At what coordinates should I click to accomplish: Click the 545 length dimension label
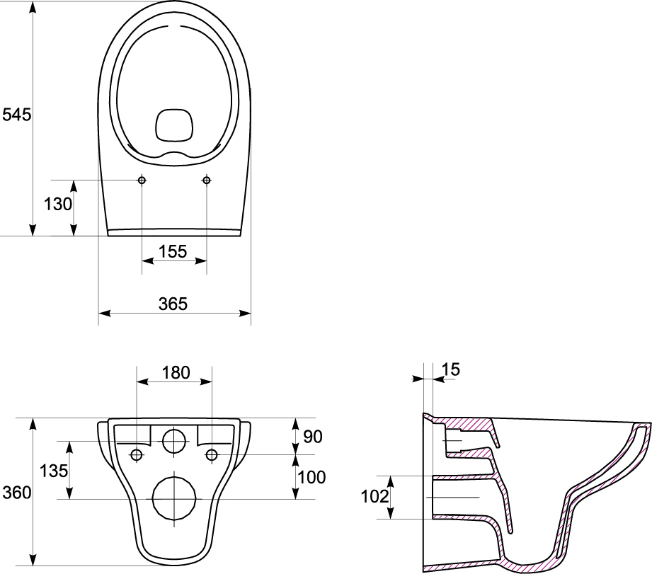(16, 115)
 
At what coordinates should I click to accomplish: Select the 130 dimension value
(58, 204)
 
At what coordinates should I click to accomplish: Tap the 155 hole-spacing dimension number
(173, 251)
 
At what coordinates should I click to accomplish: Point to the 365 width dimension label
(173, 304)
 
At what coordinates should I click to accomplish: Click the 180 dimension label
(176, 372)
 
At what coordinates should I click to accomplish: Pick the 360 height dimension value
(16, 493)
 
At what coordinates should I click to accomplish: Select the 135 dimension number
(54, 471)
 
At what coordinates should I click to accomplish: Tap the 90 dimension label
(313, 437)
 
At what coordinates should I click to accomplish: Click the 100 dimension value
(312, 477)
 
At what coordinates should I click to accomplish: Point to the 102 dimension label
(374, 496)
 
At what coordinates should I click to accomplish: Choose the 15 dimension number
(451, 369)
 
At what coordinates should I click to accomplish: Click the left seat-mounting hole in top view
(142, 180)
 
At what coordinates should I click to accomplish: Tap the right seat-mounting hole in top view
(207, 180)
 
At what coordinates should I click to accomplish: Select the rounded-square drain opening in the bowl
(175, 125)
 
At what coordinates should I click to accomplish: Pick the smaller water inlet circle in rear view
(174, 441)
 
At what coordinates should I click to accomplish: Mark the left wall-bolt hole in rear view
(137, 455)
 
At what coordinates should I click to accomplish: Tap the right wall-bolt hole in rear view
(212, 455)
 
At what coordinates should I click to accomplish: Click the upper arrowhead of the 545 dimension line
(33, 8)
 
